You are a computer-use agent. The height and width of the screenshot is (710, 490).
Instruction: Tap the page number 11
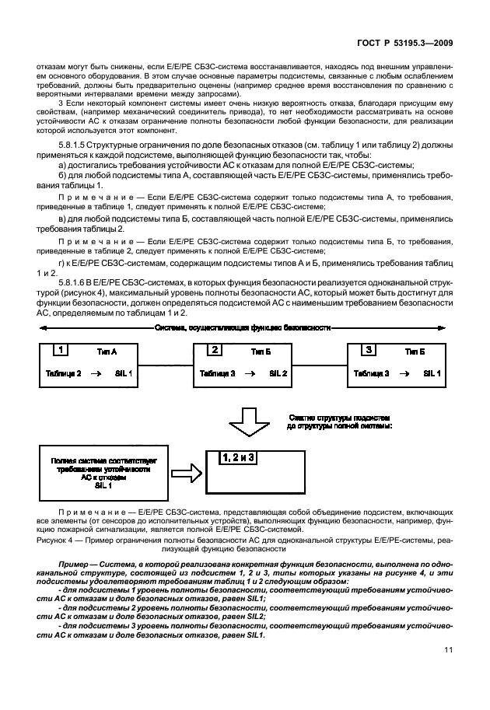pos(449,671)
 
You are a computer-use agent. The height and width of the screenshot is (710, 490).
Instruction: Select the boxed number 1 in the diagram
pos(61,350)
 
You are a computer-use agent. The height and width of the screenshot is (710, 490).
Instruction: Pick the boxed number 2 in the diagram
pos(216,350)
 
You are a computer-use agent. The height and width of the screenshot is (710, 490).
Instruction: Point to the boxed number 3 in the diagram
pos(370,350)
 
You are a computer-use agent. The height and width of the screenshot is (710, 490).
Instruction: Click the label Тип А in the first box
pos(107,352)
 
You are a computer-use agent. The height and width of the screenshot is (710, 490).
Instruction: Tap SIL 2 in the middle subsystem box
pos(278,374)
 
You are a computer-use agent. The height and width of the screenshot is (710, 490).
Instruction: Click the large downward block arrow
pos(248,425)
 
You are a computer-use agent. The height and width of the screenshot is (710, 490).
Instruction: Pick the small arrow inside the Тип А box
pos(97,374)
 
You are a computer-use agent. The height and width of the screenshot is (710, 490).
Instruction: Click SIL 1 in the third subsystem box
pos(432,374)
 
